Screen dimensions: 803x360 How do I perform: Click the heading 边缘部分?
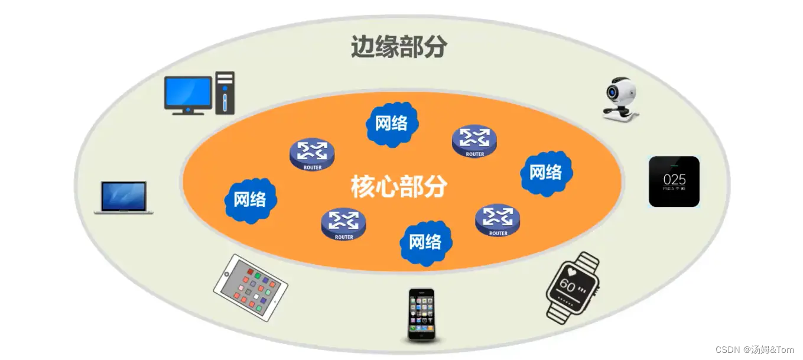click(399, 47)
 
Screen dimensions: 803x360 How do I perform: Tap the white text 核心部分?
click(399, 187)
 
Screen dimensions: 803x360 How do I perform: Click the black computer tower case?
click(225, 93)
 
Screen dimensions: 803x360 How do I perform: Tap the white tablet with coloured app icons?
click(251, 287)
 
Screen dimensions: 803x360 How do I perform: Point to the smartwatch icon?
click(571, 287)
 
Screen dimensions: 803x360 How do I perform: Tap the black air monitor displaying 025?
click(674, 181)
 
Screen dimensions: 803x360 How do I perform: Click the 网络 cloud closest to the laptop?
click(250, 199)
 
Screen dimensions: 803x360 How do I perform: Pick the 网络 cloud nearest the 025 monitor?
click(545, 173)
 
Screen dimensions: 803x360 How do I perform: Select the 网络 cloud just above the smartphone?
click(425, 242)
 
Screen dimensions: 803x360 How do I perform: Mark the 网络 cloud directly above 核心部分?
click(392, 124)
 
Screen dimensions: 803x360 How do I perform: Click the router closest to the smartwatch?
click(498, 220)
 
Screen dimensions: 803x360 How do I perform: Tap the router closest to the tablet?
click(343, 225)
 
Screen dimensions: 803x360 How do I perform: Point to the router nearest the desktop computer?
click(312, 155)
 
